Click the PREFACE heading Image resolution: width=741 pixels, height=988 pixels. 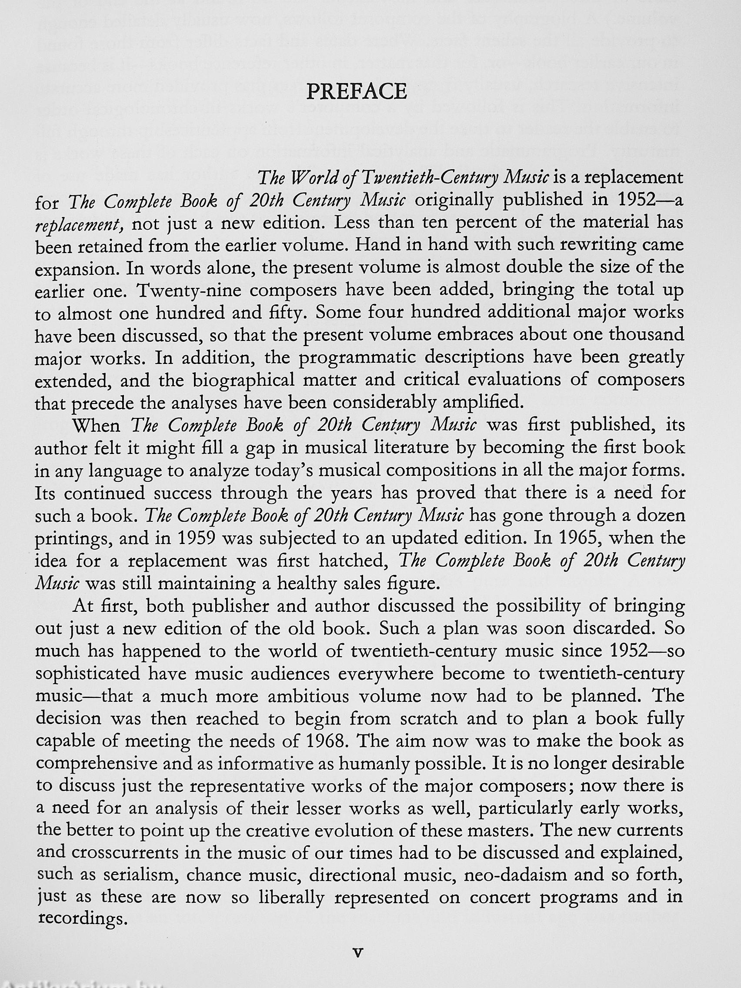tap(357, 92)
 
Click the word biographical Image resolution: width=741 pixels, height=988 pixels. tap(247, 380)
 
